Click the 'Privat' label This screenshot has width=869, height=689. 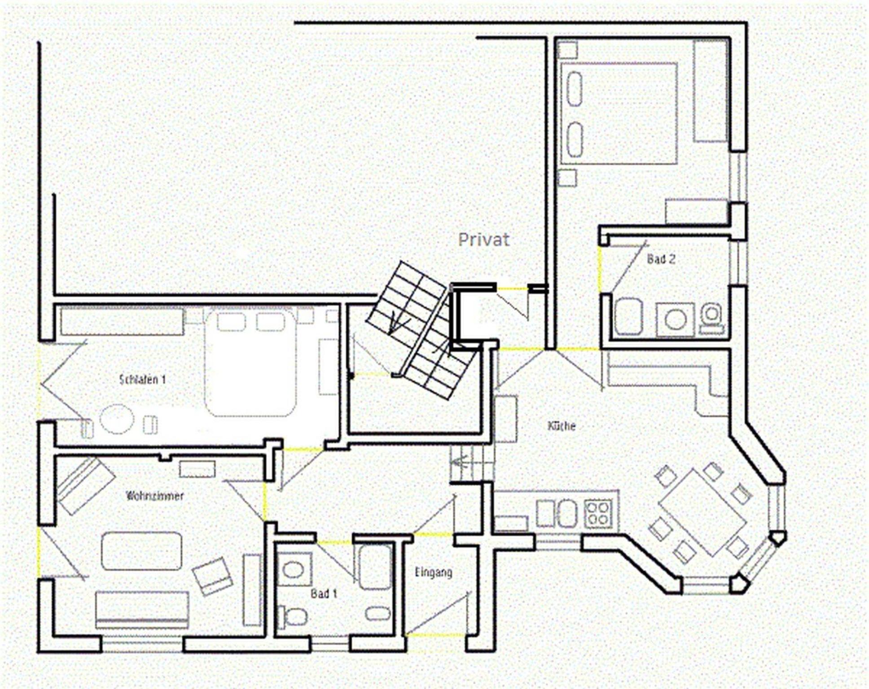coord(483,240)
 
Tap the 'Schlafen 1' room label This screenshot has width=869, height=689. coord(143,379)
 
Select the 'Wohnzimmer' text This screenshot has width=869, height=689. coord(155,496)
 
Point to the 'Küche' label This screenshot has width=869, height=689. coord(562,426)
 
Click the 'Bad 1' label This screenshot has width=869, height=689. coord(324,593)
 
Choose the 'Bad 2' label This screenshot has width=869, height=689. coord(661,259)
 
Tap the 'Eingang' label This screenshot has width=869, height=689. coord(433,572)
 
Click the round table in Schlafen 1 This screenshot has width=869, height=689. coord(117,419)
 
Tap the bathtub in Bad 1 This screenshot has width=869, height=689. coord(375,567)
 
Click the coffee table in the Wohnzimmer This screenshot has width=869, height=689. coord(142,551)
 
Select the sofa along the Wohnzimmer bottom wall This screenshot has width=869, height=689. coord(142,610)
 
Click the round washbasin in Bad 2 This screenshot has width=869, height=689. coord(676,320)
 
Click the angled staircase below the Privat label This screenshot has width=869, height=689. coord(421,330)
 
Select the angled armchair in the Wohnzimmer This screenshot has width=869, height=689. coord(212,576)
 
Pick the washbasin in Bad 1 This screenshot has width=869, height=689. coord(294,570)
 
